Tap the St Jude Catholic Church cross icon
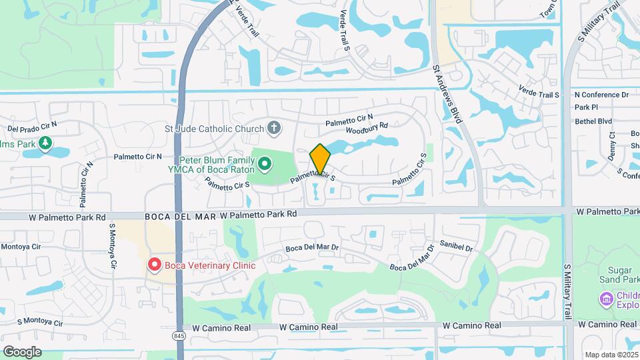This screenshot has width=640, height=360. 273,127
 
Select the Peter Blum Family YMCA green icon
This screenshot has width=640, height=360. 265,163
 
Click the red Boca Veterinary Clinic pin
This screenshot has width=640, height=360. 154,265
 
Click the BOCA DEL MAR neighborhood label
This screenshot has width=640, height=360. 180,215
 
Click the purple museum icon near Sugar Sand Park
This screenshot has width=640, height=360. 606,299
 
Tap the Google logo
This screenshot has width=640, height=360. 21,351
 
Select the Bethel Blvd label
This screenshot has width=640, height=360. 593,121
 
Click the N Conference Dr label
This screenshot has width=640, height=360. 601,95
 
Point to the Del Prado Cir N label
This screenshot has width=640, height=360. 32,125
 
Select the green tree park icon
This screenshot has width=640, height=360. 45,143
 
